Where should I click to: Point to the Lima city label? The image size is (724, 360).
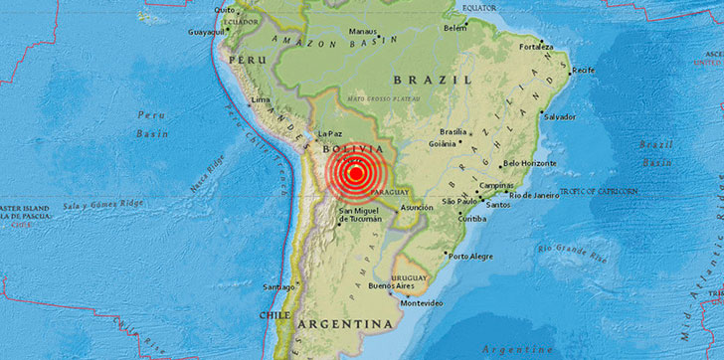tap(262, 100)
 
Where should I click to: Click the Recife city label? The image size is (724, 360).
tap(583, 71)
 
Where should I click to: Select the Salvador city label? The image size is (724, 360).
tap(560, 116)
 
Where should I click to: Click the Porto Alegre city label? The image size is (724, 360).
tap(470, 256)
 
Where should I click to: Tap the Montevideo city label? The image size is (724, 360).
tap(421, 303)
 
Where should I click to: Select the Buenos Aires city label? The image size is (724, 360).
tap(391, 286)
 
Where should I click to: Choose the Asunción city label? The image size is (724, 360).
tap(417, 208)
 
